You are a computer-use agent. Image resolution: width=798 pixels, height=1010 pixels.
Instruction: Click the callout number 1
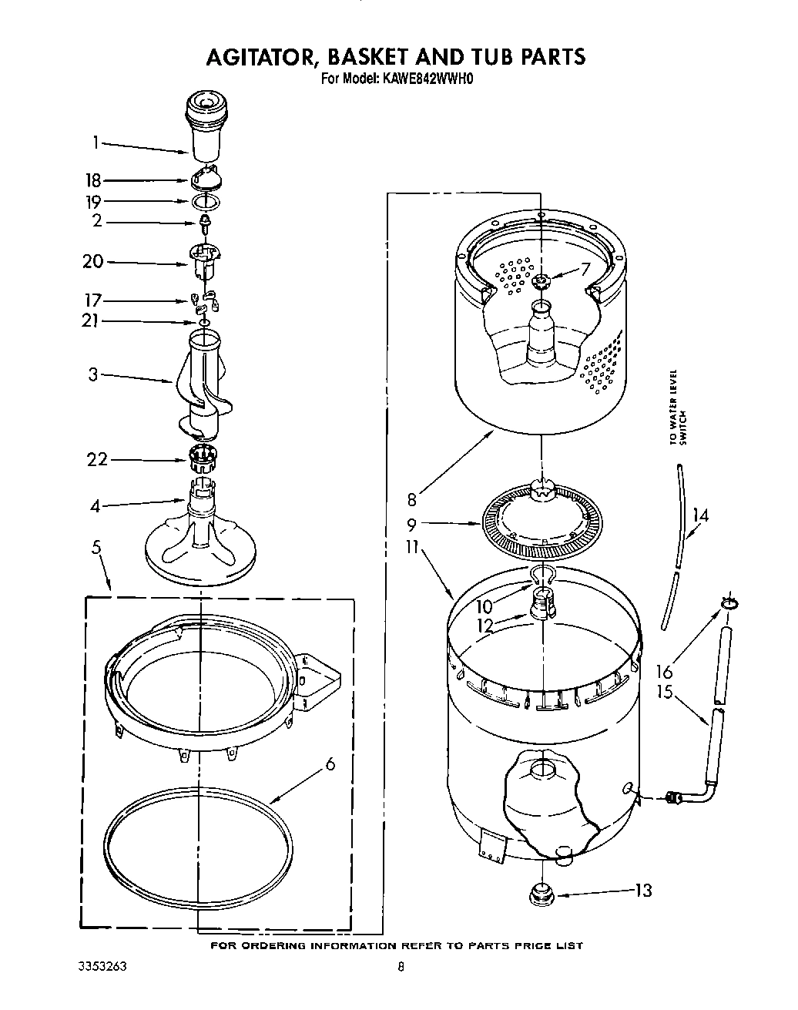point(96,142)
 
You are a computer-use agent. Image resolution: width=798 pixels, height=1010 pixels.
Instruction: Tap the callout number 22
point(97,460)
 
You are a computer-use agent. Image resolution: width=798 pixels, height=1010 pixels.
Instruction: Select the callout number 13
point(643,891)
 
